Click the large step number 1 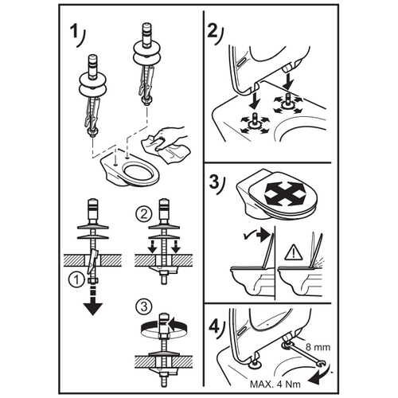(x=73, y=31)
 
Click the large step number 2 (x=213, y=31)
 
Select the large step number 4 (x=214, y=326)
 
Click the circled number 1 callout (x=76, y=279)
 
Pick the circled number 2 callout (x=143, y=213)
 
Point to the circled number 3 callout (x=143, y=306)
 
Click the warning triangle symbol (x=294, y=252)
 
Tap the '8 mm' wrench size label (x=318, y=347)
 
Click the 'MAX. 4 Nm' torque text (x=275, y=384)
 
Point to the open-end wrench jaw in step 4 (x=322, y=364)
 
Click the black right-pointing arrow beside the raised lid (x=264, y=236)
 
